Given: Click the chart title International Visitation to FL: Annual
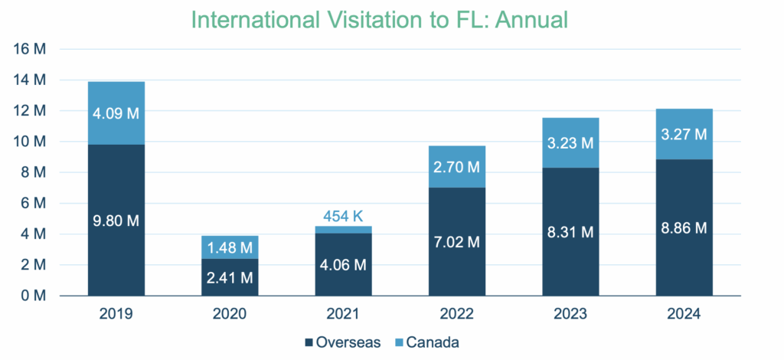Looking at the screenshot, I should click(379, 19).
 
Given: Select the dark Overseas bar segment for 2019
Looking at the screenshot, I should click(116, 184).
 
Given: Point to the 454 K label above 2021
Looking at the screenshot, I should click(344, 215).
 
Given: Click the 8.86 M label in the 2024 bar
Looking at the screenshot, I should click(684, 227).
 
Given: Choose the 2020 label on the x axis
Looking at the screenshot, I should click(230, 314).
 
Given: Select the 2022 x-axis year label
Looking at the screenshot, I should click(457, 314).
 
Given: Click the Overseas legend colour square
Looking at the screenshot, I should click(309, 342).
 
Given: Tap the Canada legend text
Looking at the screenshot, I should click(433, 342).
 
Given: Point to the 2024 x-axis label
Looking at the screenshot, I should click(684, 314).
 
